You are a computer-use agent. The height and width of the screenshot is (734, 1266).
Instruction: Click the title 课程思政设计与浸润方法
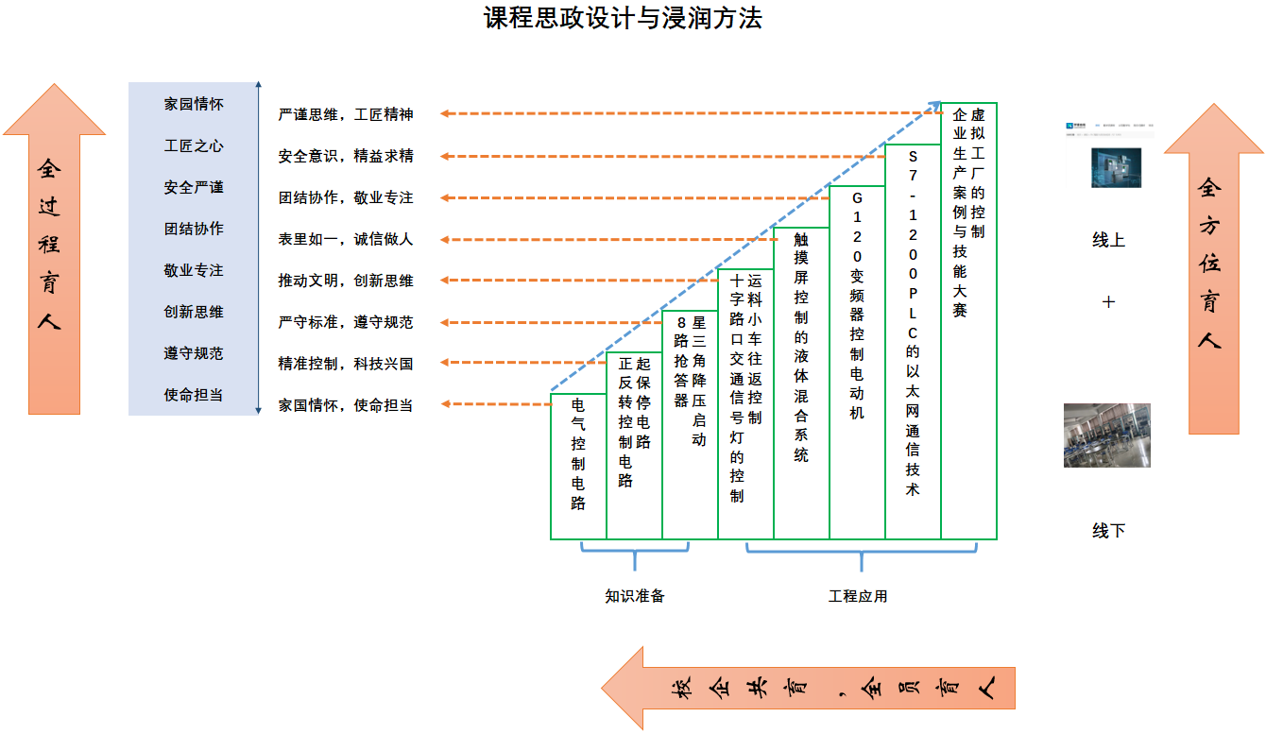(623, 18)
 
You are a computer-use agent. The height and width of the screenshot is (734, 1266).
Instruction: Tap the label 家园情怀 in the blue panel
(194, 105)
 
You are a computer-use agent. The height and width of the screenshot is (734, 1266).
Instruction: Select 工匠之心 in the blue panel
(194, 146)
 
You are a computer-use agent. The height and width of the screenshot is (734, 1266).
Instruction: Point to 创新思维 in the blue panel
(194, 312)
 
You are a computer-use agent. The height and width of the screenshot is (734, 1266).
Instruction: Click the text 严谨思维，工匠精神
(346, 114)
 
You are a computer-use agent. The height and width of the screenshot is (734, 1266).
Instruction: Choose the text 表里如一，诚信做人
(346, 240)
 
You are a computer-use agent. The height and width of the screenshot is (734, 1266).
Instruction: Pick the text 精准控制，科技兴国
(346, 364)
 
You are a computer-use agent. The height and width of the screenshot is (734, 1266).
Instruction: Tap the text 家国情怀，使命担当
(346, 405)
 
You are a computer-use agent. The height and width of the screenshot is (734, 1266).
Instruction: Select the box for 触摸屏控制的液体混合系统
(801, 383)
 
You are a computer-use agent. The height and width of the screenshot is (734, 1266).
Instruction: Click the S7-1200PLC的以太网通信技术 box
(913, 341)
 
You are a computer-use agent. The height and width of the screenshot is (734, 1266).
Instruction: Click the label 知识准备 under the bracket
(635, 596)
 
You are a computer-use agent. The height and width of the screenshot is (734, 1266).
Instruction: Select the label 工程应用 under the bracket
(858, 596)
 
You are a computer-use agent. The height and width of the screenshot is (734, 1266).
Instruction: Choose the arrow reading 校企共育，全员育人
(812, 688)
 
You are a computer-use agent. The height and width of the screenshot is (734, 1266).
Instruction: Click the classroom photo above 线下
(1106, 435)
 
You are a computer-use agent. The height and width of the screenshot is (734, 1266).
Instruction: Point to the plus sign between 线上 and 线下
(1108, 302)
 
